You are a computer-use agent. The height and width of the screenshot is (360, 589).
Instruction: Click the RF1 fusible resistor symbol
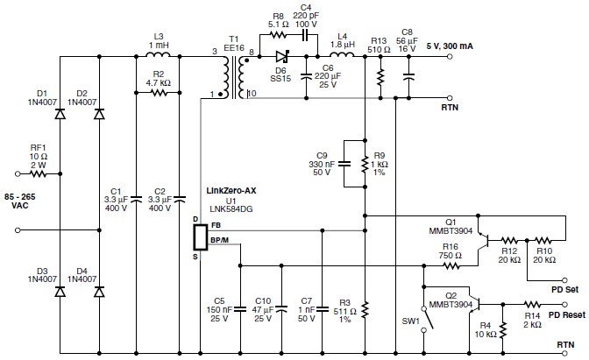click(38, 173)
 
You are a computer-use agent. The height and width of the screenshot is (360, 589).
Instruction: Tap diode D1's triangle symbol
click(60, 114)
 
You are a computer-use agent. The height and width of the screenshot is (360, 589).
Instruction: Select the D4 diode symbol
click(99, 292)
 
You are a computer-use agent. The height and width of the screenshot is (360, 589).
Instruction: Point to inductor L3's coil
click(158, 54)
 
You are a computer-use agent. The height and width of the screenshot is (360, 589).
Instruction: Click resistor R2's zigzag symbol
click(159, 92)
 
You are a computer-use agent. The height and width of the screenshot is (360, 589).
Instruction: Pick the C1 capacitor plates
click(136, 198)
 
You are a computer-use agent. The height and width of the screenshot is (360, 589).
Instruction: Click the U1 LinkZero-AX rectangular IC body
click(200, 237)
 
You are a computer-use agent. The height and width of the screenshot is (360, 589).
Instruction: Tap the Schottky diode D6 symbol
click(282, 57)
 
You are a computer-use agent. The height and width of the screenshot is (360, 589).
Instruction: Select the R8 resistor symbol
click(279, 35)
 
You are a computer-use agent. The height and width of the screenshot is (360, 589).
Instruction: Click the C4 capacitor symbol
click(305, 35)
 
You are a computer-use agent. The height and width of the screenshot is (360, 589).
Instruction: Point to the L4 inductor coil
click(342, 54)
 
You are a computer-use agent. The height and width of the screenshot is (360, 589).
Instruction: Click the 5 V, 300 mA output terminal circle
click(450, 57)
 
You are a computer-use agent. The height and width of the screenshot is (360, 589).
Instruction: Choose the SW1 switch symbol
click(428, 320)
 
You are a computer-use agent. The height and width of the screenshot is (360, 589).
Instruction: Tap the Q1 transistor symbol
click(483, 240)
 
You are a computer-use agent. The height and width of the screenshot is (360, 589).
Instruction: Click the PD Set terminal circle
click(564, 280)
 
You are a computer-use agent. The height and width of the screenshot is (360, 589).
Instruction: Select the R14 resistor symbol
click(532, 305)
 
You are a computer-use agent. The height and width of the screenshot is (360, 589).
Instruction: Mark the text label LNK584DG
click(231, 209)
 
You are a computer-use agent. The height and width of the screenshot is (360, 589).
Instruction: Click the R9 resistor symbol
click(365, 164)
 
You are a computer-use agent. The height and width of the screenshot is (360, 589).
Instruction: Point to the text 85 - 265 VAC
click(20, 201)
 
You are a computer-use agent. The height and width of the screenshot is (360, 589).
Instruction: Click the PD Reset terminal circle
click(564, 305)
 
